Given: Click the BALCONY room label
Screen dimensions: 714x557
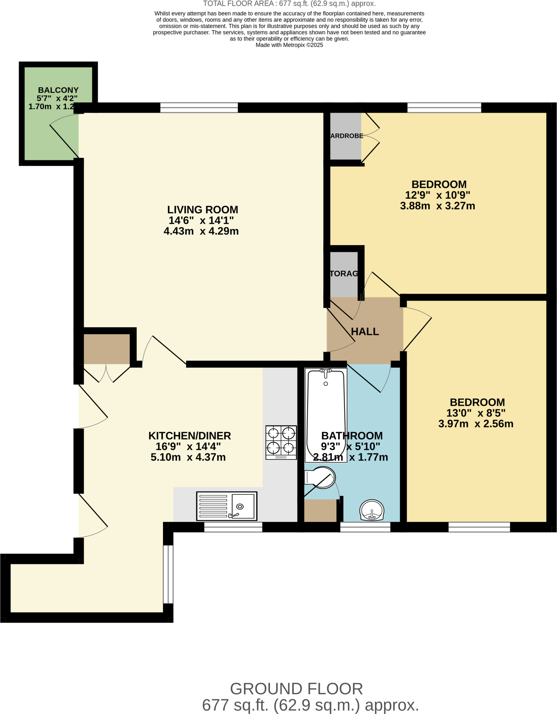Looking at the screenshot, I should click(58, 90).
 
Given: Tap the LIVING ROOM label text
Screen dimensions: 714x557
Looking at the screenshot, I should click(202, 210).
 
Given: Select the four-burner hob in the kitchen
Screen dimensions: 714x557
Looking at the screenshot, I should click(281, 442).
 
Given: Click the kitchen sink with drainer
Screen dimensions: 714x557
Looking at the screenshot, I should click(226, 506).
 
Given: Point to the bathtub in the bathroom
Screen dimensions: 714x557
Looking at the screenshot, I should click(326, 415).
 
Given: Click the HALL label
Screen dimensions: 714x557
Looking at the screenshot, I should click(365, 332).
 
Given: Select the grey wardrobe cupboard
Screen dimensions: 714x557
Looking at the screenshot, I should click(345, 136).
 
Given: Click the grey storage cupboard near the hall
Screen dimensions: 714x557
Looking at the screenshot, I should click(343, 274).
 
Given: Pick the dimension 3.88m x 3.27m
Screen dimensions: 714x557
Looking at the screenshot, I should click(438, 206).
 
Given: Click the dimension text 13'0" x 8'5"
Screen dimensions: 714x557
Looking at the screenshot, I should click(476, 413).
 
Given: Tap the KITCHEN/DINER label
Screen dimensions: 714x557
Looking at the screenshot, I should click(189, 436).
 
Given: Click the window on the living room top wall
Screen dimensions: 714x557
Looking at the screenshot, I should click(199, 107).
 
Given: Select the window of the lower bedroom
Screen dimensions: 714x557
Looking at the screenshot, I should click(479, 527).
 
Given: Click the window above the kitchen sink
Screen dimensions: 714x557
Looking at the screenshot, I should click(233, 527).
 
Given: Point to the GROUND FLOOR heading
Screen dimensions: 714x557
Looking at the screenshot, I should click(296, 689).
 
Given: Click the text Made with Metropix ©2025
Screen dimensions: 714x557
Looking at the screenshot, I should click(289, 45).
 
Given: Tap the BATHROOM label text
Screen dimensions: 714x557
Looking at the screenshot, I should click(352, 436).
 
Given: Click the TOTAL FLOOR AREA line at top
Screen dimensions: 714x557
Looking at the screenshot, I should click(289, 4).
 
